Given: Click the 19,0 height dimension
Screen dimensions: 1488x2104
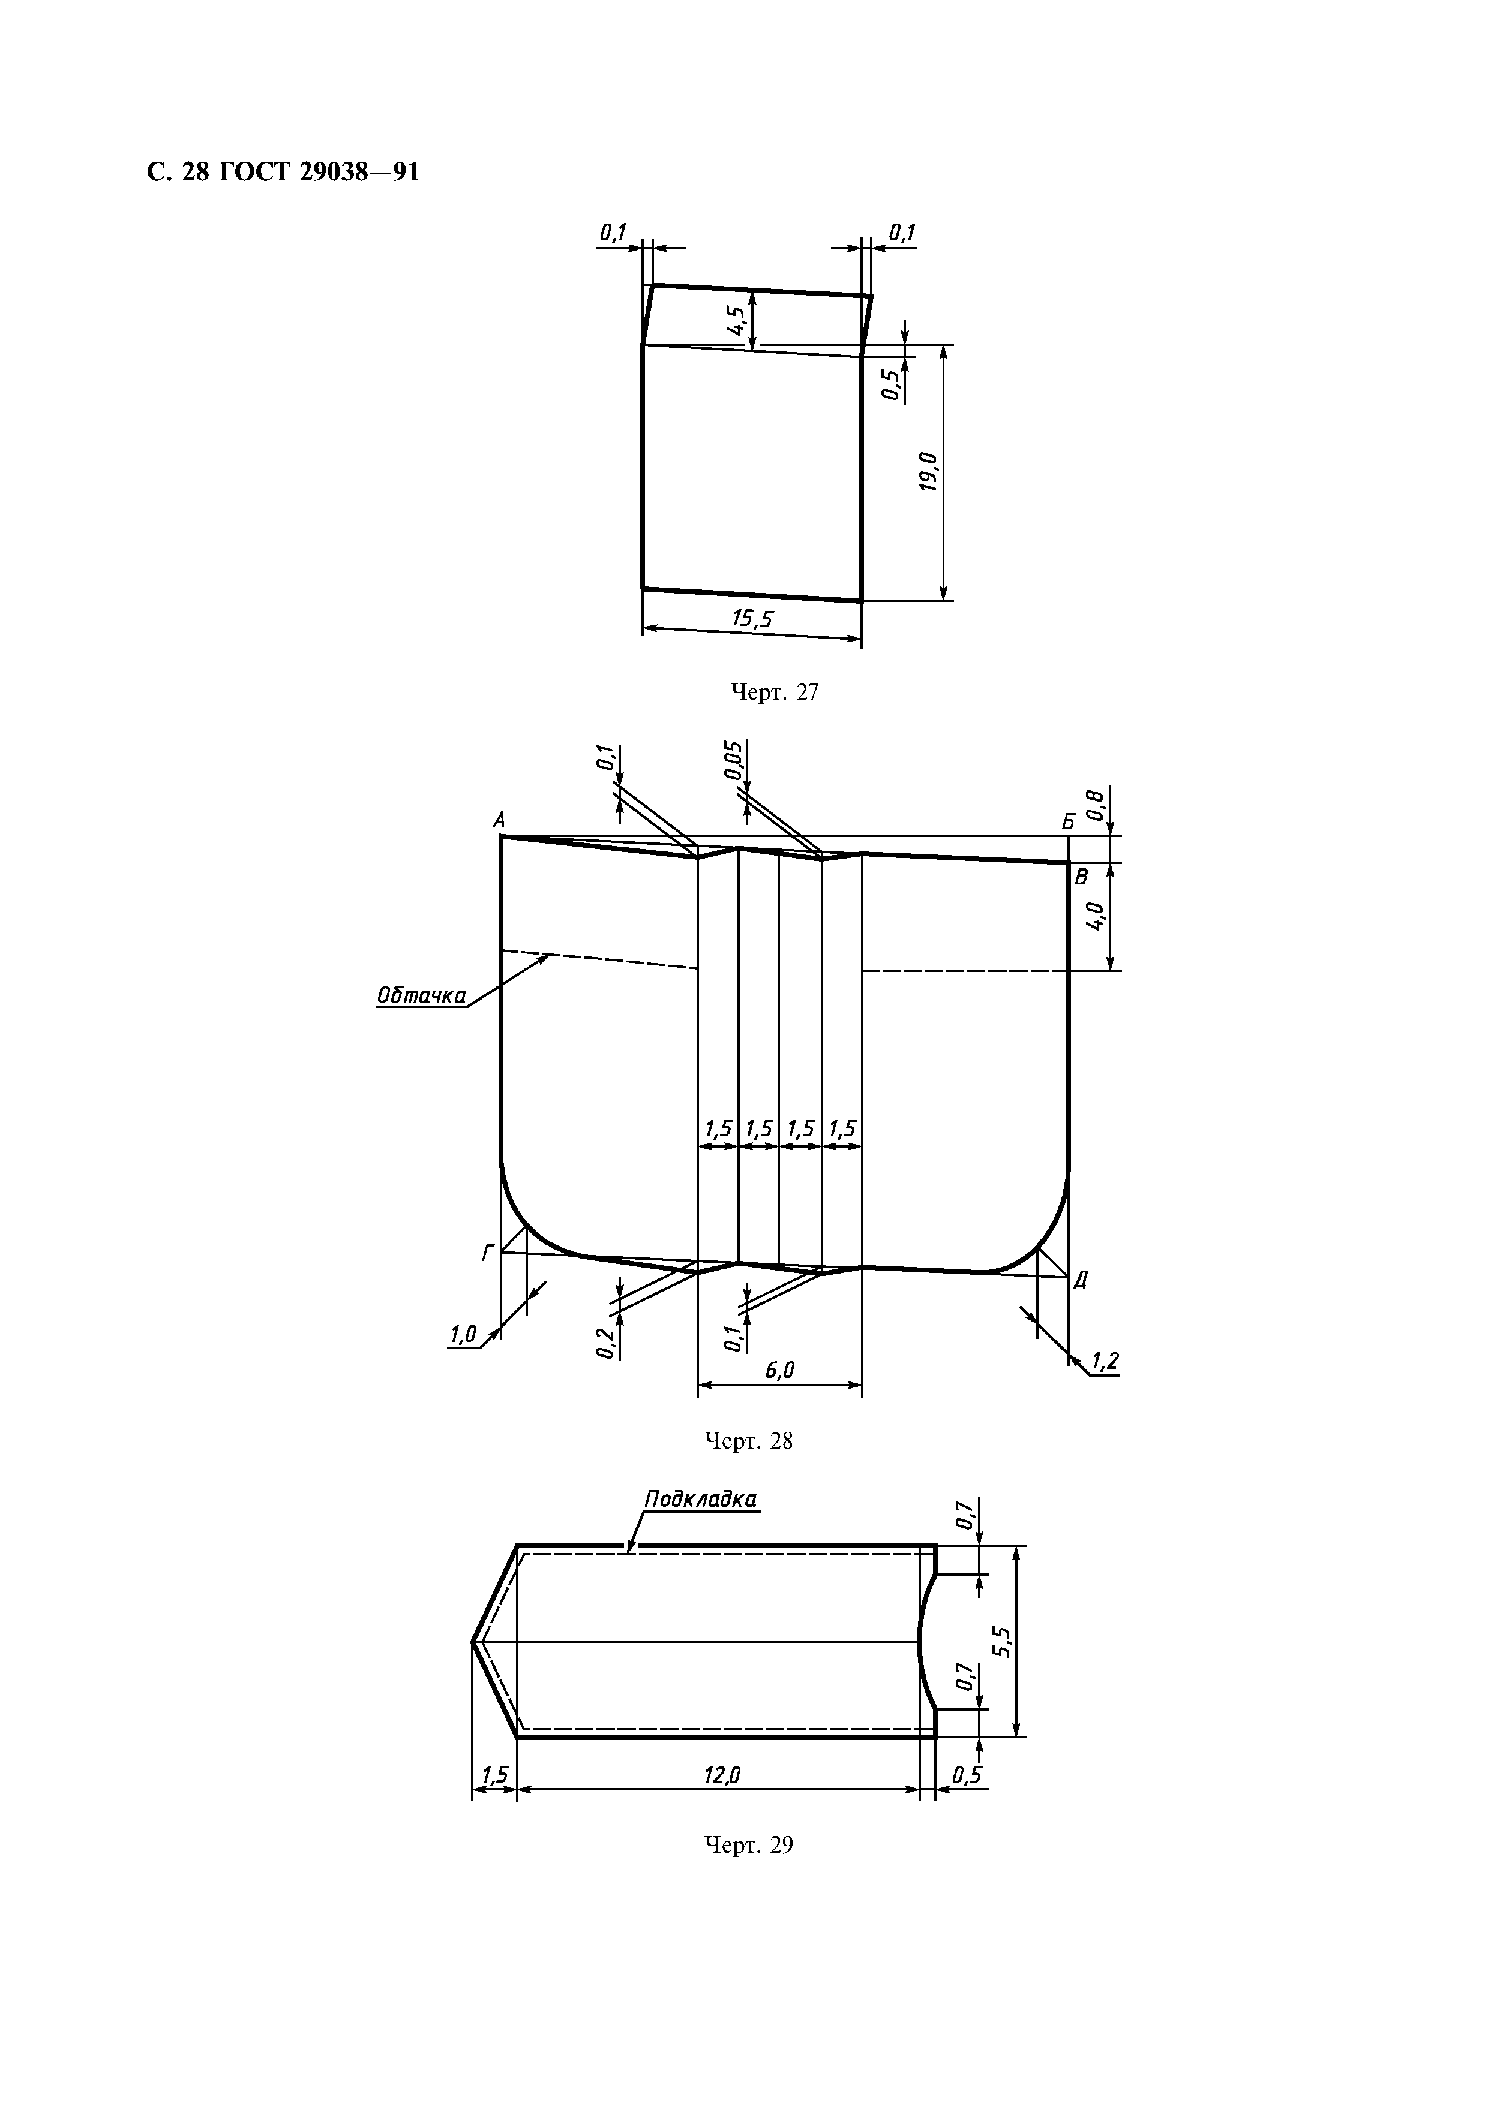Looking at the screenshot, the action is pyautogui.click(x=929, y=472).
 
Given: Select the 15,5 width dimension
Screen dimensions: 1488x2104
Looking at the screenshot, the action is pyautogui.click(x=752, y=619).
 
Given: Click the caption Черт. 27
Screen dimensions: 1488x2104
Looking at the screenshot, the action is pyautogui.click(x=775, y=692).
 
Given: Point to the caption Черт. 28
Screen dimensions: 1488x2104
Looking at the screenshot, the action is pyautogui.click(x=748, y=1441).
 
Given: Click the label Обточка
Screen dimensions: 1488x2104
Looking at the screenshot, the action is pyautogui.click(x=421, y=995).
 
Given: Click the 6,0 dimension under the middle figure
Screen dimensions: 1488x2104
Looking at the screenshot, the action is pyautogui.click(x=780, y=1370).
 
